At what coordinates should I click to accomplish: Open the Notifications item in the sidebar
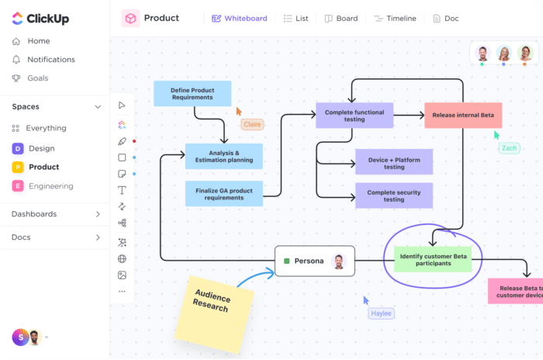(50, 60)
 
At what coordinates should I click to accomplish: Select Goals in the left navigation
(37, 78)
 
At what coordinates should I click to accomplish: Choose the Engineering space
(50, 186)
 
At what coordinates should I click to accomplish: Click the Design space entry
(41, 148)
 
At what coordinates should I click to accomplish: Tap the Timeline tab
(395, 19)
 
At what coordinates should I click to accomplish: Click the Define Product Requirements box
(192, 94)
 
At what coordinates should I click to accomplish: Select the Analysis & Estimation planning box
(224, 157)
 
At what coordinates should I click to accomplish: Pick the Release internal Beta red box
(463, 116)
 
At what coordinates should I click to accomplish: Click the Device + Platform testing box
(393, 163)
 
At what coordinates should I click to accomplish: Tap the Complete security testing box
(393, 196)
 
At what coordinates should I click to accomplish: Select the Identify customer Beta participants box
(432, 258)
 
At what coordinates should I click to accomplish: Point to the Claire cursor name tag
(252, 124)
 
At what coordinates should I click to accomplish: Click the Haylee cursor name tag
(381, 313)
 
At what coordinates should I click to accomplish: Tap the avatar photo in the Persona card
(338, 261)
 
